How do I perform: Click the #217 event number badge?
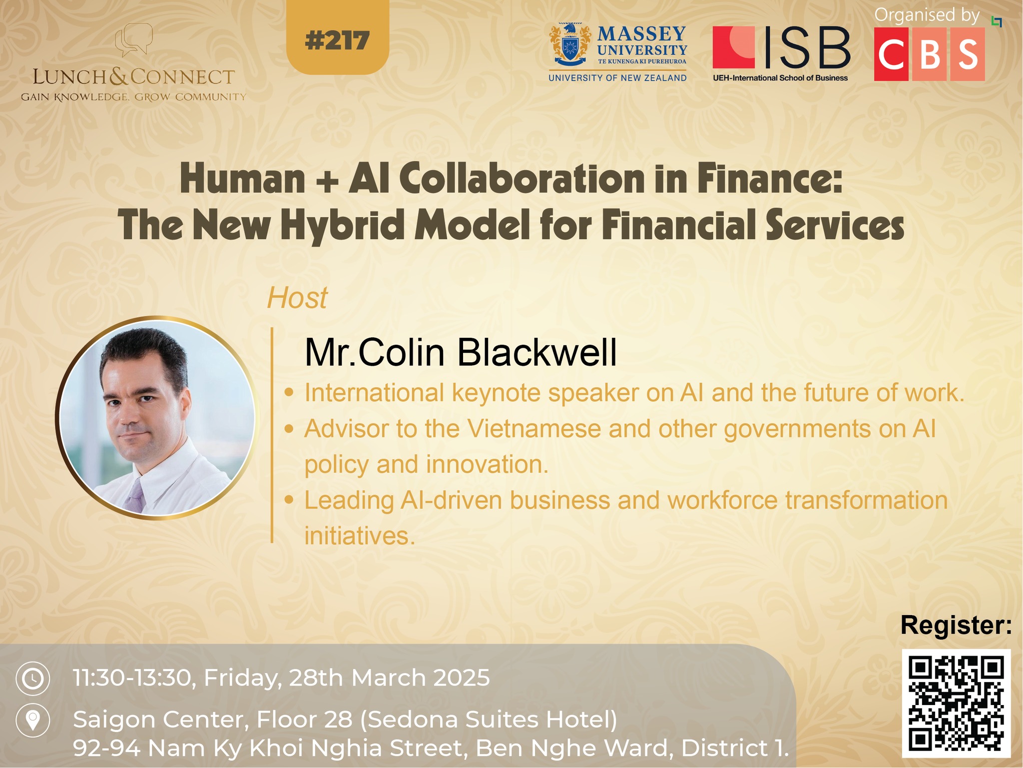338,37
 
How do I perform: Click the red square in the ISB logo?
733,47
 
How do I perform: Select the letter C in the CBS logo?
891,54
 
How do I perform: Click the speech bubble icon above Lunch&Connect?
133,39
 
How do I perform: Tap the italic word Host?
297,298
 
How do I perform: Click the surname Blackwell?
537,352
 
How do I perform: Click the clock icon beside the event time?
33,679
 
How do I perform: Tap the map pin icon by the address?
33,721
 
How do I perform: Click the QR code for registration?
956,704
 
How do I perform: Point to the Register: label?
956,625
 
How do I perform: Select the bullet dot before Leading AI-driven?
289,500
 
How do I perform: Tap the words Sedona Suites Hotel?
489,720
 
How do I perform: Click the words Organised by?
927,15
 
